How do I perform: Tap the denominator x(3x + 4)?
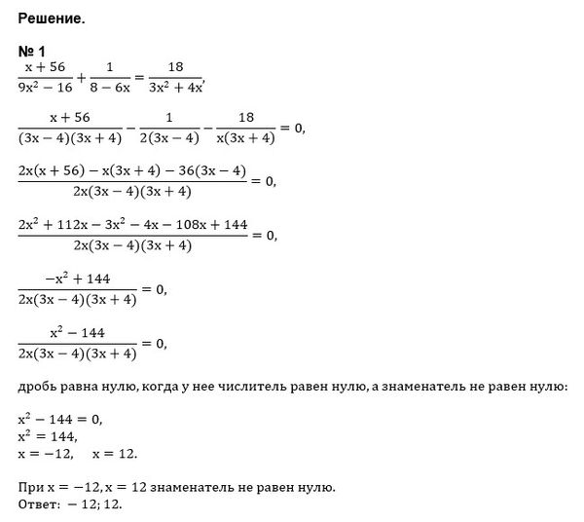pos(244,137)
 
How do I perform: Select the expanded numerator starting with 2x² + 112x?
pos(133,224)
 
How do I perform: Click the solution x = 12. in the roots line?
pos(116,455)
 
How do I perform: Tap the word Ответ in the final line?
pos(39,504)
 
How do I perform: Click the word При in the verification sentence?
pos(28,486)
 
